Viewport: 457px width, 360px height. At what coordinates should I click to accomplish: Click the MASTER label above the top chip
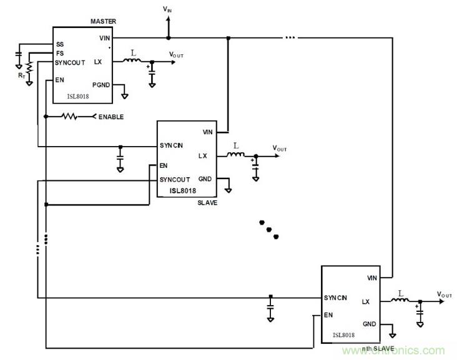tap(104, 22)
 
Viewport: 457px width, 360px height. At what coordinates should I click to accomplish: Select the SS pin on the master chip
tap(60, 44)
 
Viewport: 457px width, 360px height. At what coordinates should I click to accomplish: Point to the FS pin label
tap(59, 54)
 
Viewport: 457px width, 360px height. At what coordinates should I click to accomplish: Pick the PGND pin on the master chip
tap(101, 84)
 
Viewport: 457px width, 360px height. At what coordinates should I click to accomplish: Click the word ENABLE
tap(111, 117)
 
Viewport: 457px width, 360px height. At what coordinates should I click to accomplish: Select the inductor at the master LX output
tap(132, 61)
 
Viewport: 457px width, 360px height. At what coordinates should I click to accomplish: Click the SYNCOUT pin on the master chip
tap(70, 63)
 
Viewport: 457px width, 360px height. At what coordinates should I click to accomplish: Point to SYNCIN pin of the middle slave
tap(172, 146)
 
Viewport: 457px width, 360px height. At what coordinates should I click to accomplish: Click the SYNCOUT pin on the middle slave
tap(175, 180)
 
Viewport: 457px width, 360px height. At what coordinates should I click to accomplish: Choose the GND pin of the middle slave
tap(205, 179)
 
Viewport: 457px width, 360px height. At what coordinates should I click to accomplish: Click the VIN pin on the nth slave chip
tap(372, 278)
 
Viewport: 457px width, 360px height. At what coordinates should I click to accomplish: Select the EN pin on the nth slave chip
tap(328, 315)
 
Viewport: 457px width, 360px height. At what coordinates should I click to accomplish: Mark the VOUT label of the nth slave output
tap(445, 294)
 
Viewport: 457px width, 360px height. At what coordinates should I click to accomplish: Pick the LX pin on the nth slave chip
tap(366, 301)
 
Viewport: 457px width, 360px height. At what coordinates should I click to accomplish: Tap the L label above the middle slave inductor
tap(235, 146)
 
